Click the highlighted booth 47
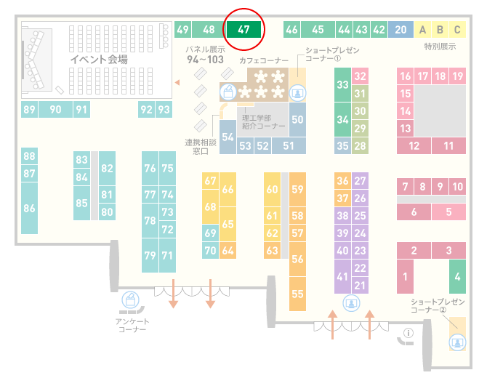243,30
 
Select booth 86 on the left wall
30,208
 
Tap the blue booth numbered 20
401,30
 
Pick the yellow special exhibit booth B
440,30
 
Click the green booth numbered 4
457,276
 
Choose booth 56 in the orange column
297,260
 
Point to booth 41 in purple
342,276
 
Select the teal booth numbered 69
210,233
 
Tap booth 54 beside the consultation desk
228,137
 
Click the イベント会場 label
99,59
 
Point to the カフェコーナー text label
264,60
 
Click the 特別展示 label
440,47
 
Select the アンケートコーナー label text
132,325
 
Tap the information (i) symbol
408,333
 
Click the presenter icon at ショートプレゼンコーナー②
457,342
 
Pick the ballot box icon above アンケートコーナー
130,300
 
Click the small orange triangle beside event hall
177,82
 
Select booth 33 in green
342,85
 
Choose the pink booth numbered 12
414,146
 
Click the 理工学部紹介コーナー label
263,121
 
